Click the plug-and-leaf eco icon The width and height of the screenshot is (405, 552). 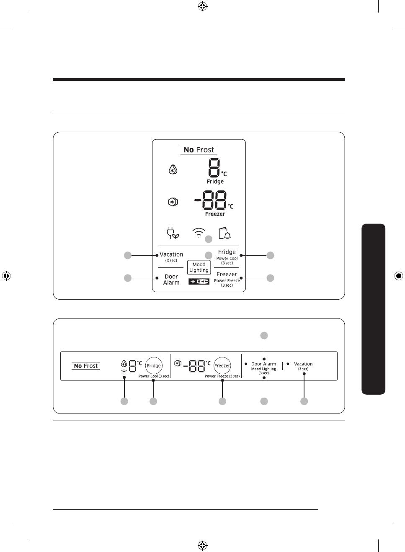173,233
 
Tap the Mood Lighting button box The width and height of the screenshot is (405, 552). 199,267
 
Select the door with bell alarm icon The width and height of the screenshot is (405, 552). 225,233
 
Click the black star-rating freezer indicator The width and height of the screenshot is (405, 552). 199,282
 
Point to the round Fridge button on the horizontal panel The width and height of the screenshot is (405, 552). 154,366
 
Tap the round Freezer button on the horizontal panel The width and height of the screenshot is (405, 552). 222,366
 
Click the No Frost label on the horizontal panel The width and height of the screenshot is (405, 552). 86,366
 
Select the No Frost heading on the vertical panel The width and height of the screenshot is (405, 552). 199,150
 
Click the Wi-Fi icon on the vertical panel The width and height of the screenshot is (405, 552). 199,233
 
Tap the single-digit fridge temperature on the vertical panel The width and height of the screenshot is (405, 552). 214,167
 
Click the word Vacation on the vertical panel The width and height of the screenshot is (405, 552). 171,254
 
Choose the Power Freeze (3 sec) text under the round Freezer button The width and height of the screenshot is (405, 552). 222,376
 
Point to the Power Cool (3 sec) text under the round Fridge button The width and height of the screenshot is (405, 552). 154,376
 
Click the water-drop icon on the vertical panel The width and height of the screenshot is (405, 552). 173,169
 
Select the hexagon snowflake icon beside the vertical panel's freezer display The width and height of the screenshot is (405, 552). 173,202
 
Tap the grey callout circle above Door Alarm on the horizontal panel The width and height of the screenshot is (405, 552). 264,336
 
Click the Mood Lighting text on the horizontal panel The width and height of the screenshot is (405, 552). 264,369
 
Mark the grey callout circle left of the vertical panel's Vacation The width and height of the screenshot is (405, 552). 128,255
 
